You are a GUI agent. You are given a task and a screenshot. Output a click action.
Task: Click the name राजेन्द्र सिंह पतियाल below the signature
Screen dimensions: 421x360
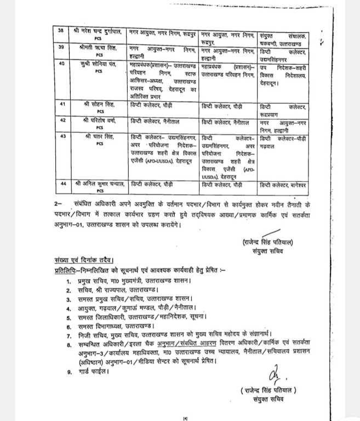[x=268, y=390]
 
